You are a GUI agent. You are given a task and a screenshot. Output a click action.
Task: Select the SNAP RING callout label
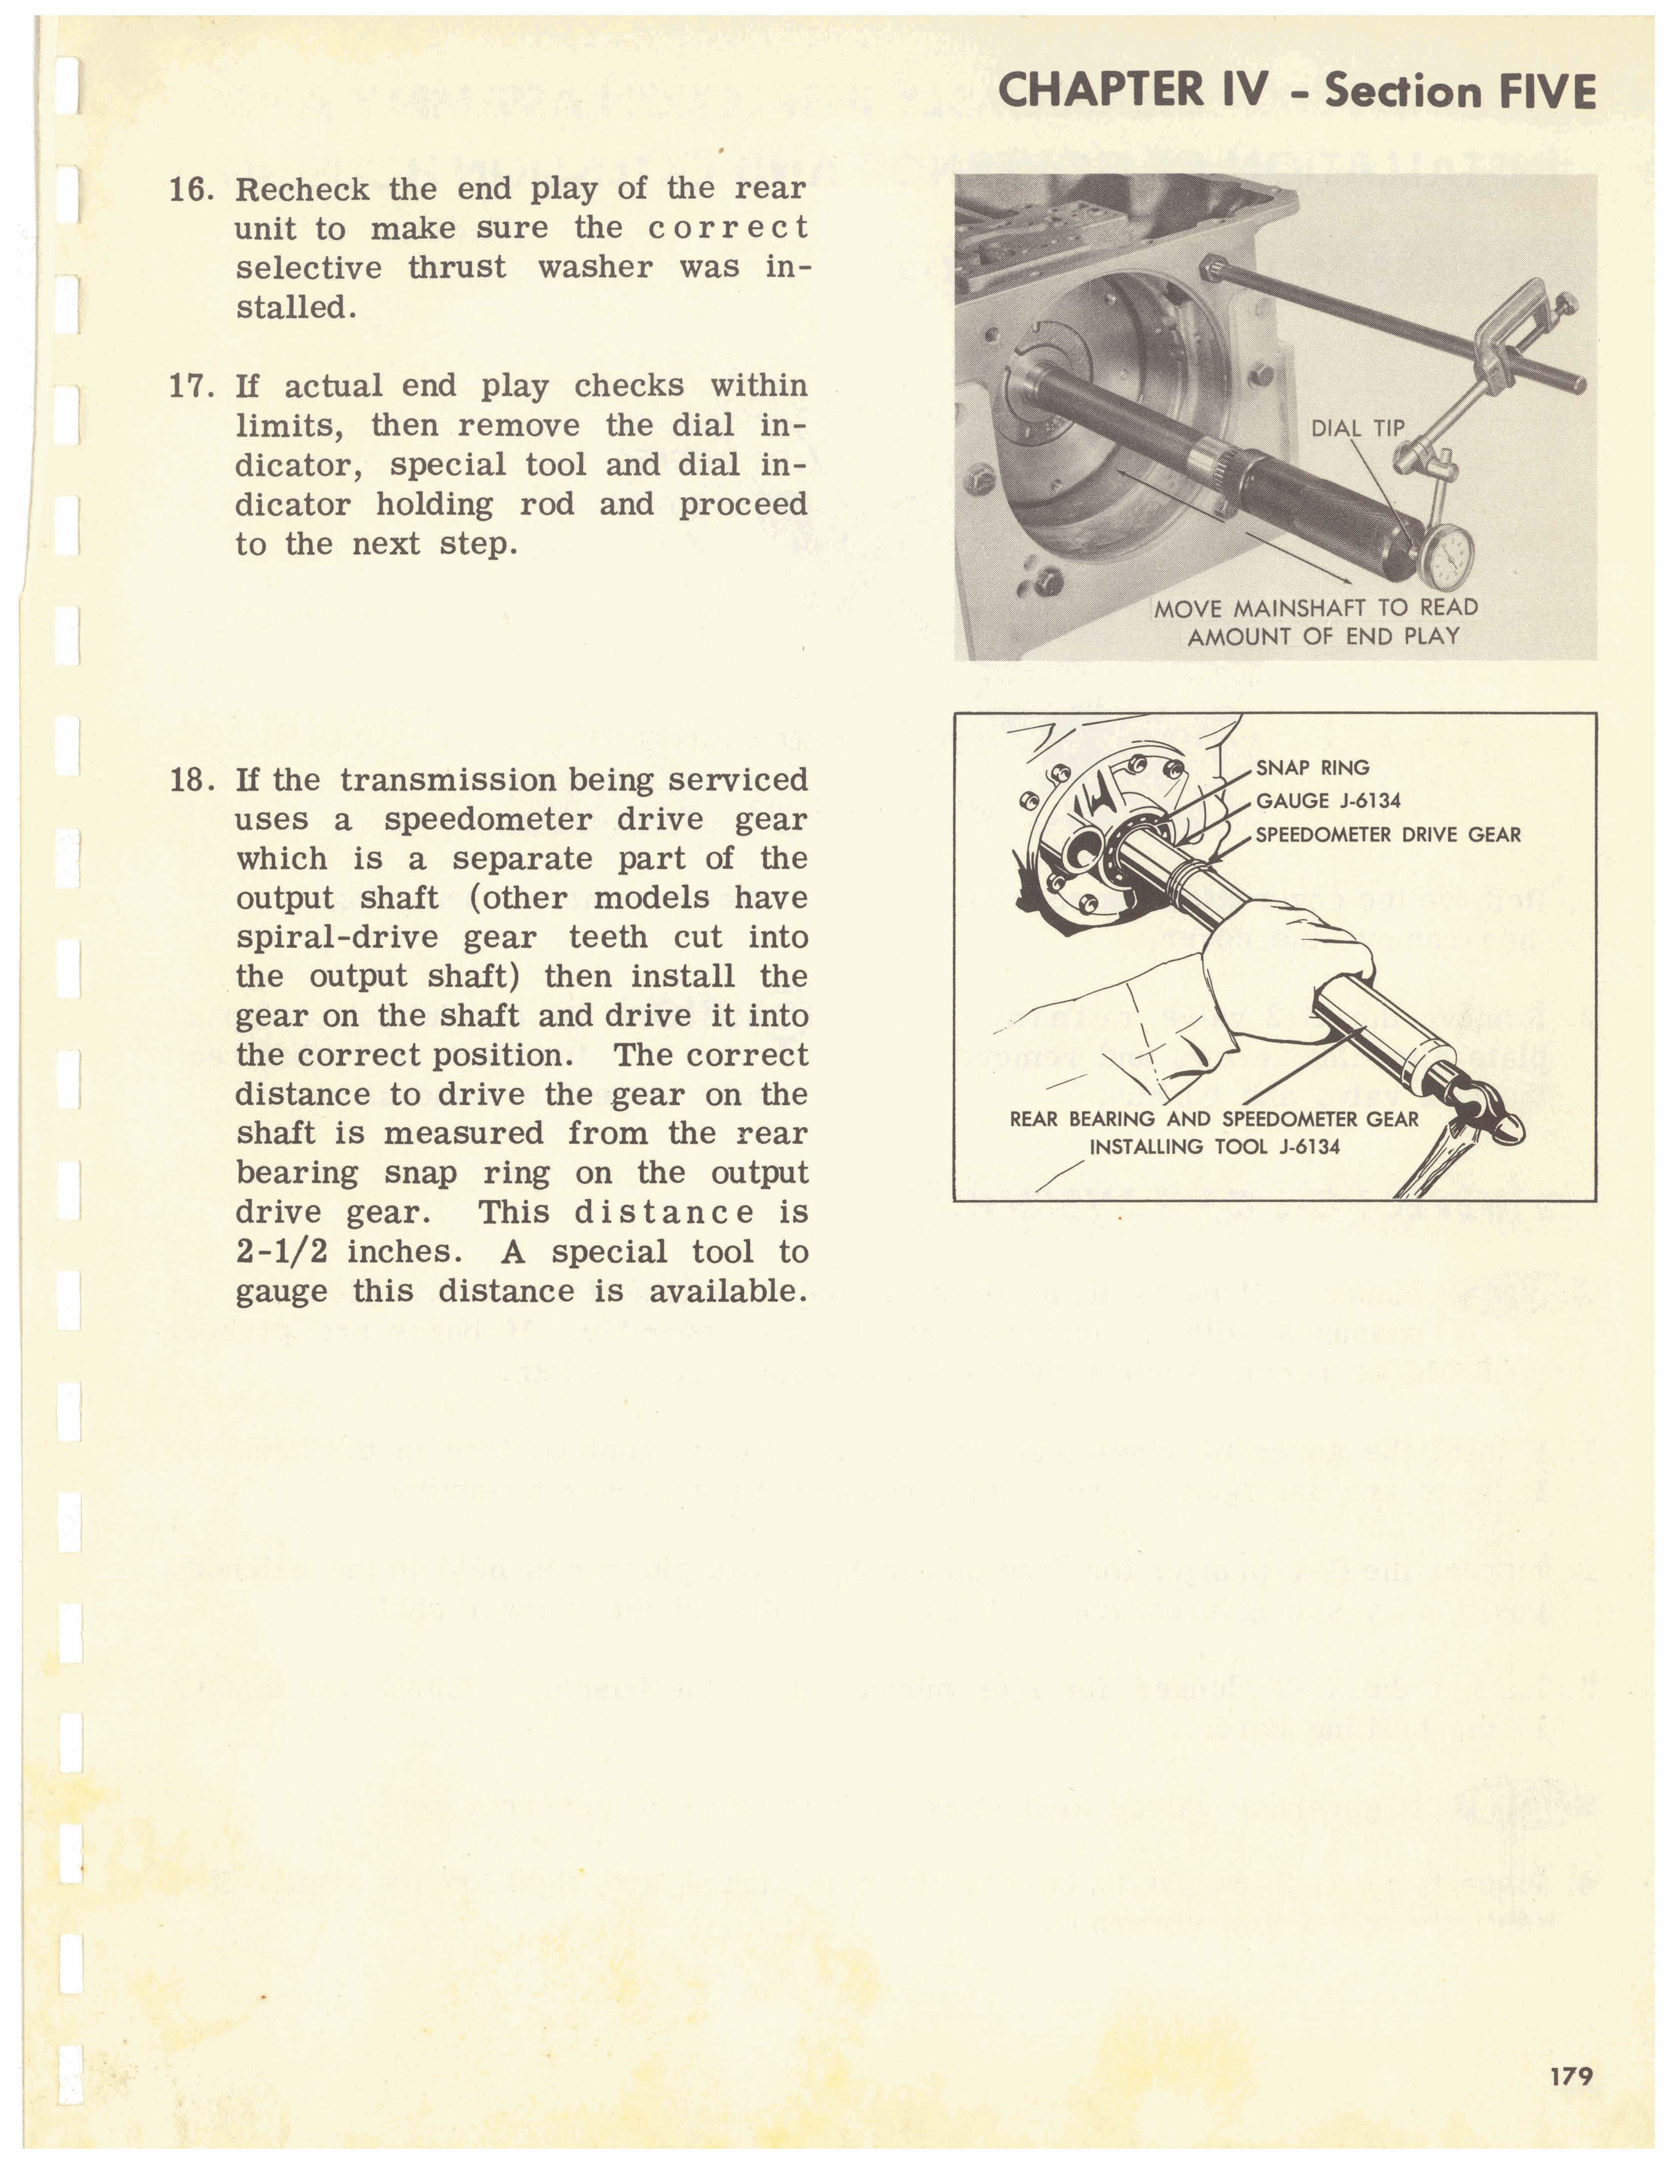click(x=1312, y=768)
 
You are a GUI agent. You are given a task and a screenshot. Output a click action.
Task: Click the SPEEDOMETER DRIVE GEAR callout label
click(x=1387, y=834)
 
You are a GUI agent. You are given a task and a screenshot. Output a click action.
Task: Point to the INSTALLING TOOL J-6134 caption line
click(x=1214, y=1147)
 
